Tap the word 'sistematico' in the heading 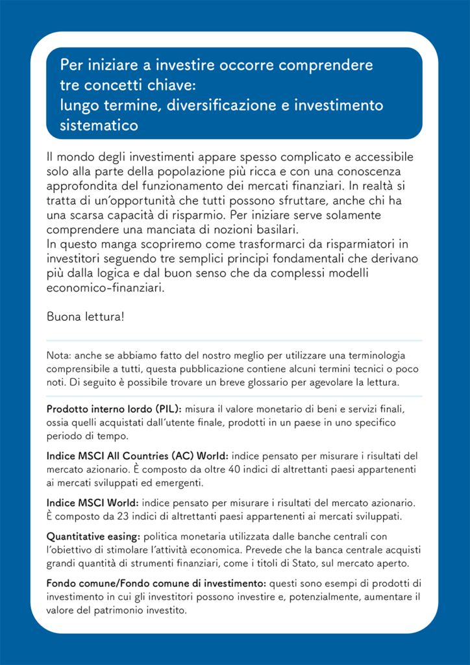[x=99, y=125]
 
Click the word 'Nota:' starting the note [x=59, y=356]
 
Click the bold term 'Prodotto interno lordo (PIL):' [x=114, y=409]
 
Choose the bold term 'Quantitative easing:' [x=93, y=536]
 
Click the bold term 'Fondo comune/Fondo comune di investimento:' [x=156, y=584]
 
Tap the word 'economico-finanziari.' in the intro [x=106, y=287]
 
